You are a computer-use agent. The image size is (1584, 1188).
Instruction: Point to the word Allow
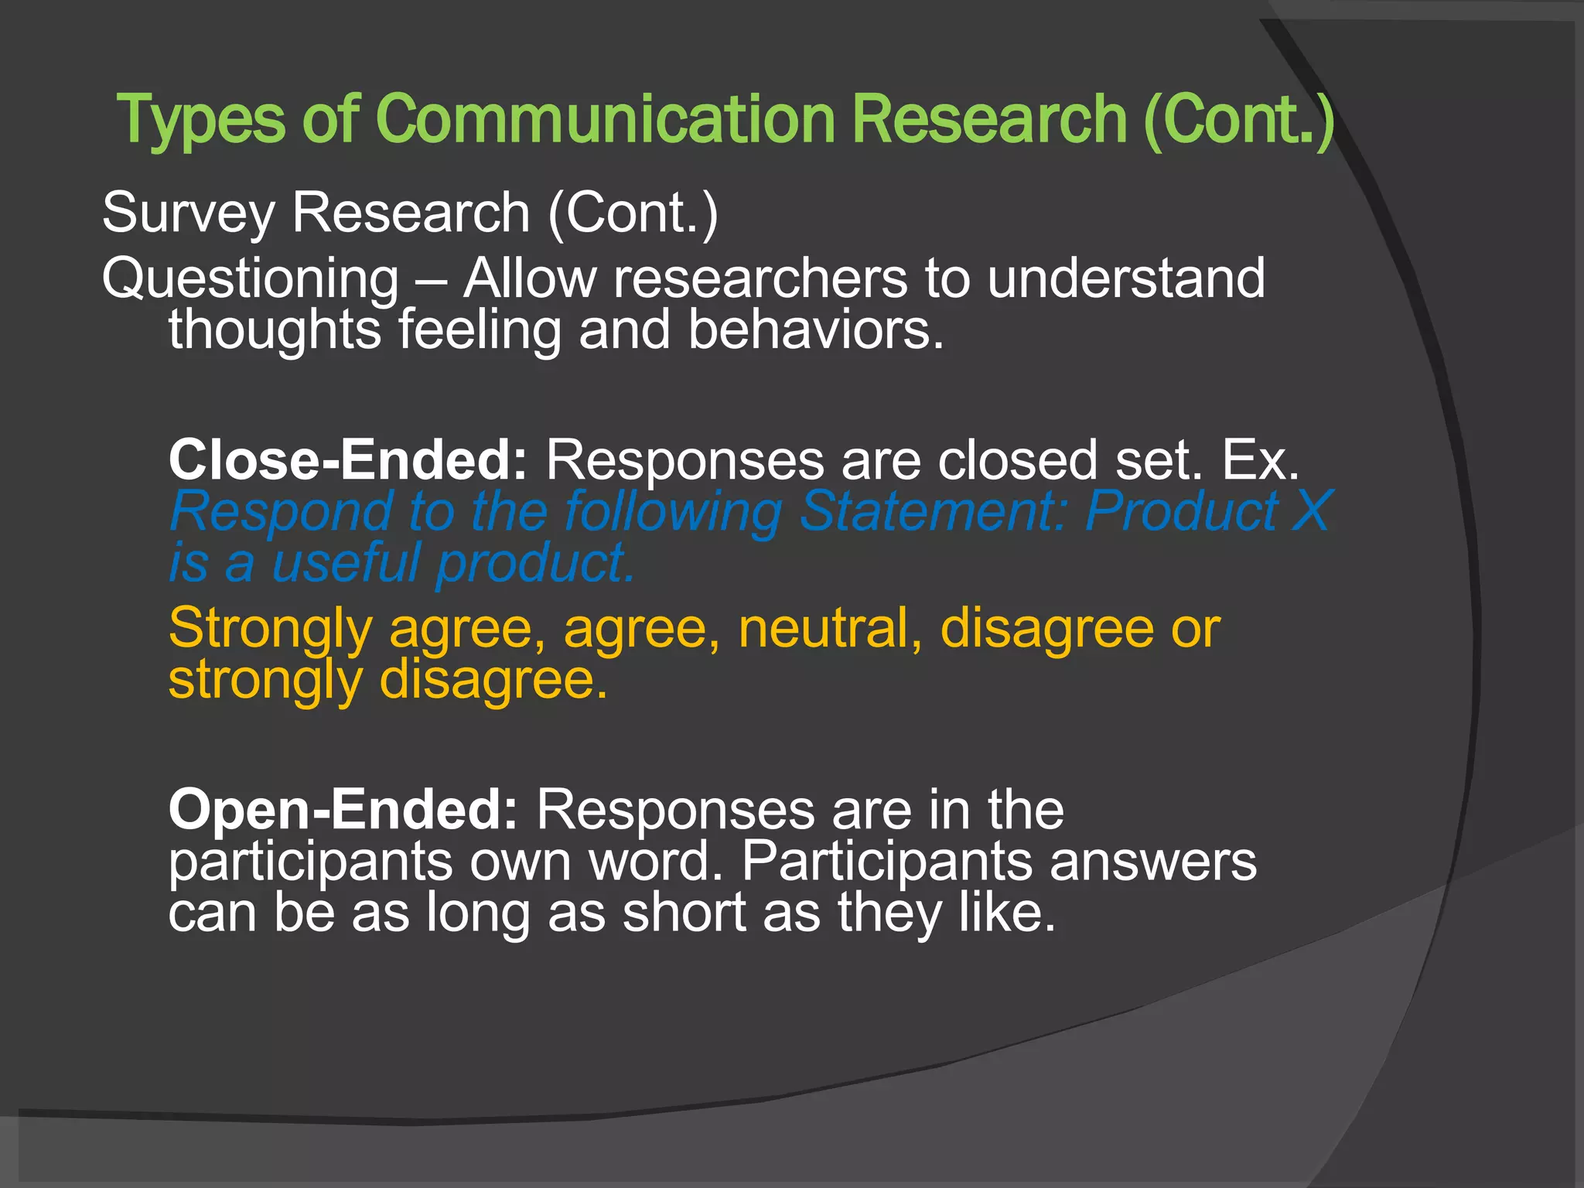click(x=530, y=278)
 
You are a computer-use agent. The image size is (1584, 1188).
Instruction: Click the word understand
click(x=1126, y=278)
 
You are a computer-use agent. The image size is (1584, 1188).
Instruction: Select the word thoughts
click(x=275, y=331)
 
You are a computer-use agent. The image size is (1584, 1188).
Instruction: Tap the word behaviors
click(x=815, y=330)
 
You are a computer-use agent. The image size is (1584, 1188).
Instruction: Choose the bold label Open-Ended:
click(x=343, y=811)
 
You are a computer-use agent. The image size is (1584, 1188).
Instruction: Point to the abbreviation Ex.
click(x=1260, y=461)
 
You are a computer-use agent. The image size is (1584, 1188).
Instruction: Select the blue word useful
click(x=346, y=563)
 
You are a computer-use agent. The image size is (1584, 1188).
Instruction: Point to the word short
click(x=684, y=913)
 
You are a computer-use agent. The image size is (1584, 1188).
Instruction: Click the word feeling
click(x=480, y=331)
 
